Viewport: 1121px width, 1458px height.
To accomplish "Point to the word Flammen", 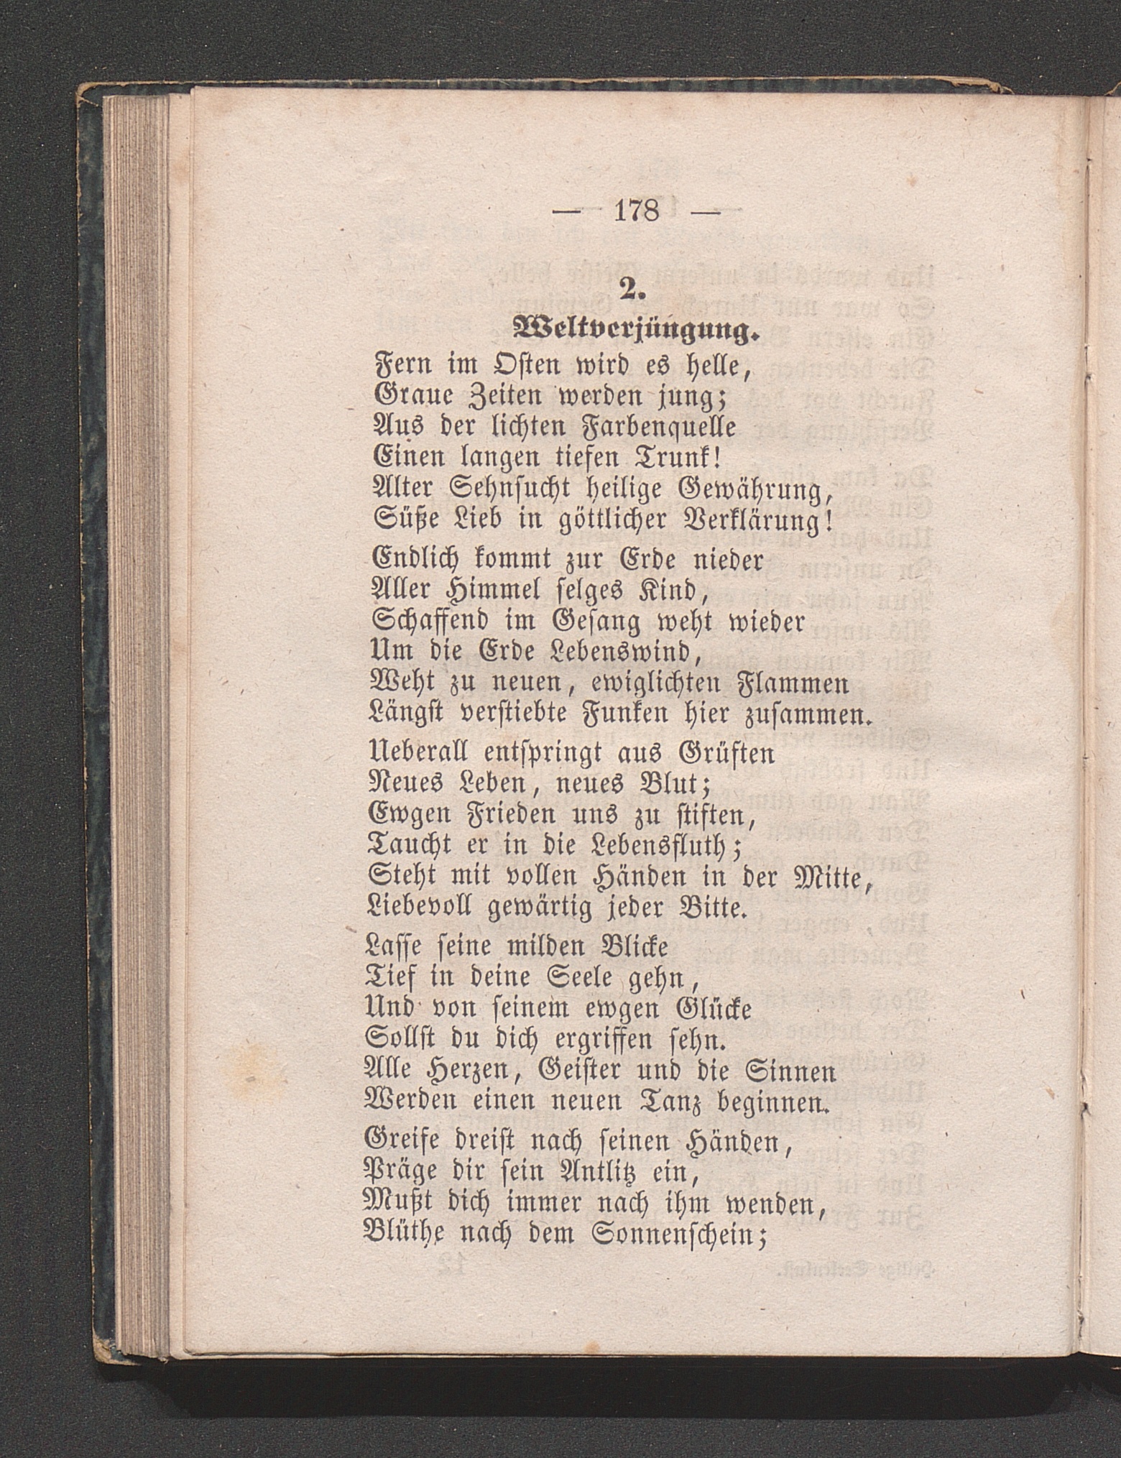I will [794, 683].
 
